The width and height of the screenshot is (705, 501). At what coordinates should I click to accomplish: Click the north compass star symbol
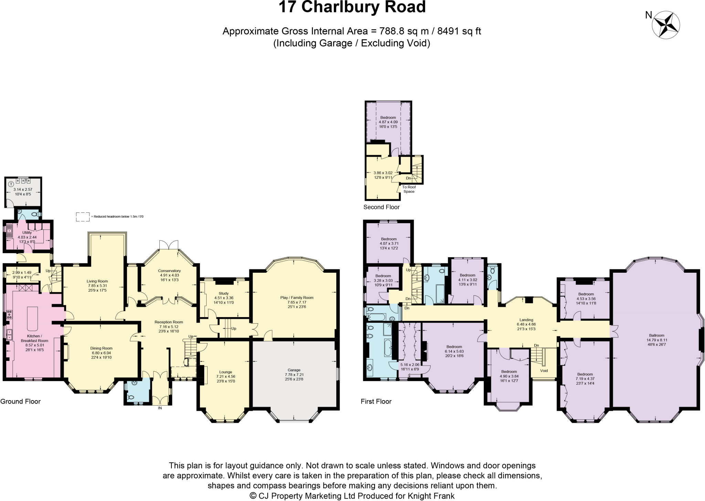tap(666, 25)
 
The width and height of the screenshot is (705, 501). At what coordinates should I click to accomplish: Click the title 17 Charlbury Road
tap(352, 7)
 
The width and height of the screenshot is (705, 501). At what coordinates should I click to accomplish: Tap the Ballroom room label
tap(656, 335)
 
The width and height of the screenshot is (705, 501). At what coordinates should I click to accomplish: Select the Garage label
tap(294, 370)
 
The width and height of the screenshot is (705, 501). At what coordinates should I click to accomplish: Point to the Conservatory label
tap(169, 271)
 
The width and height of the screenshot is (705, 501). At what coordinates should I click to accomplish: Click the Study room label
tap(223, 294)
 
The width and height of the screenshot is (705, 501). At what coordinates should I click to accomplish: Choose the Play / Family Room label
tap(297, 298)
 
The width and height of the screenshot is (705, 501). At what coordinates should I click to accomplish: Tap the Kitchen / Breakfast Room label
tap(34, 338)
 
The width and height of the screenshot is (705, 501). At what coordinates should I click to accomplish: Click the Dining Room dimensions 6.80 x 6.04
tap(101, 353)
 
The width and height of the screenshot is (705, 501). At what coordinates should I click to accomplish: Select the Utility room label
tap(27, 233)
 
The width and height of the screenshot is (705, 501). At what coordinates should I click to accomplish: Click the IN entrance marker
tap(160, 408)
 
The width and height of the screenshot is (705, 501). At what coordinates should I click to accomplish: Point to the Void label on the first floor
tap(544, 371)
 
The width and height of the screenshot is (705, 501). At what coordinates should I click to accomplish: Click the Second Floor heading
tap(381, 207)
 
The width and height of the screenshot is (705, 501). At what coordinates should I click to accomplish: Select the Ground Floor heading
tap(20, 401)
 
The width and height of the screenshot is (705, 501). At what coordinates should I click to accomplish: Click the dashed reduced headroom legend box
tap(83, 217)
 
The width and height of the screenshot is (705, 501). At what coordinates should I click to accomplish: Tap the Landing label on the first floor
tap(526, 320)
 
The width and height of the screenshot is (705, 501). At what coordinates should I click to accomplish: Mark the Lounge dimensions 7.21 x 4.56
tap(225, 377)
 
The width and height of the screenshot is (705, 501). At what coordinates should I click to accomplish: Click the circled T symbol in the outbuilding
tap(11, 184)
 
